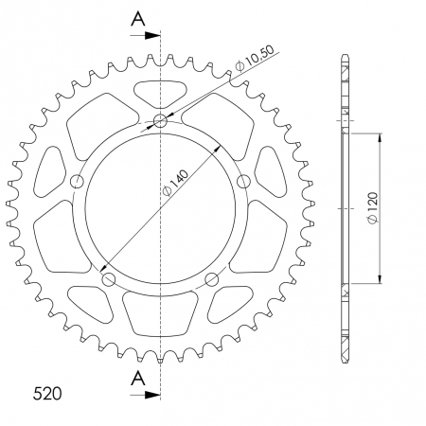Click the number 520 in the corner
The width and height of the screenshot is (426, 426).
coord(34,391)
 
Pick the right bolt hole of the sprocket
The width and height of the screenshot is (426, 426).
coord(243,181)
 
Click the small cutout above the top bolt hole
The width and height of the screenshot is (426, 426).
coord(161,93)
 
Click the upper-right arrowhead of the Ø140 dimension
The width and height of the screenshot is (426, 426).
coord(218,147)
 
